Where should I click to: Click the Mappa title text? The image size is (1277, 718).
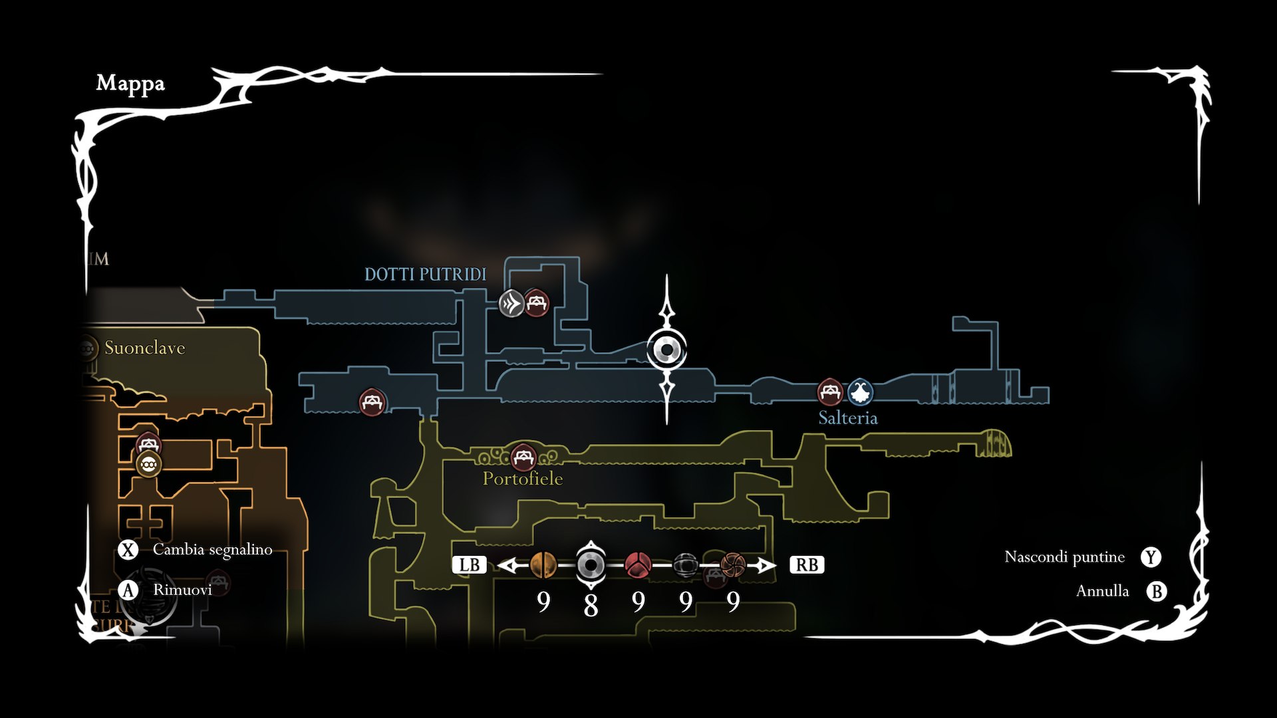(x=130, y=84)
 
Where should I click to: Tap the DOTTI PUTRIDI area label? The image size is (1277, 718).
(x=425, y=275)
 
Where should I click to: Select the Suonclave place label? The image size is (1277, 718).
(x=144, y=348)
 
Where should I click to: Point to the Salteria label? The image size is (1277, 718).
(x=847, y=418)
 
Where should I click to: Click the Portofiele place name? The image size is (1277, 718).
(x=523, y=479)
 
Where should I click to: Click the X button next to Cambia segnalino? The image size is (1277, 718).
(x=128, y=550)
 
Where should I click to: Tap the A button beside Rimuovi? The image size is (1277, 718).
(x=128, y=590)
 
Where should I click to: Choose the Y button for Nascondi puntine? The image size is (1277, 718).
(x=1151, y=557)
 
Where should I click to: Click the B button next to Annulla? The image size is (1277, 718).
(x=1157, y=591)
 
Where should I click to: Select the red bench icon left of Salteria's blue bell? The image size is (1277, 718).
(x=830, y=392)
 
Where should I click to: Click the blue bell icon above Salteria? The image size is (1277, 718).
(x=860, y=392)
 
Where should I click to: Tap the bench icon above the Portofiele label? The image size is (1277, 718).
(x=523, y=457)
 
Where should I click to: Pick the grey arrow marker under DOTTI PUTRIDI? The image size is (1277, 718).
(x=511, y=304)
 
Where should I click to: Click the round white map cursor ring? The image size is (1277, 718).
(x=666, y=350)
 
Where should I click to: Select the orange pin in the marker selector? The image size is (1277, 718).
(x=543, y=565)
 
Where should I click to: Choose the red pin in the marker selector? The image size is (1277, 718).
(x=638, y=565)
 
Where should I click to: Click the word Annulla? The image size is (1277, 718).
(x=1102, y=591)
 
